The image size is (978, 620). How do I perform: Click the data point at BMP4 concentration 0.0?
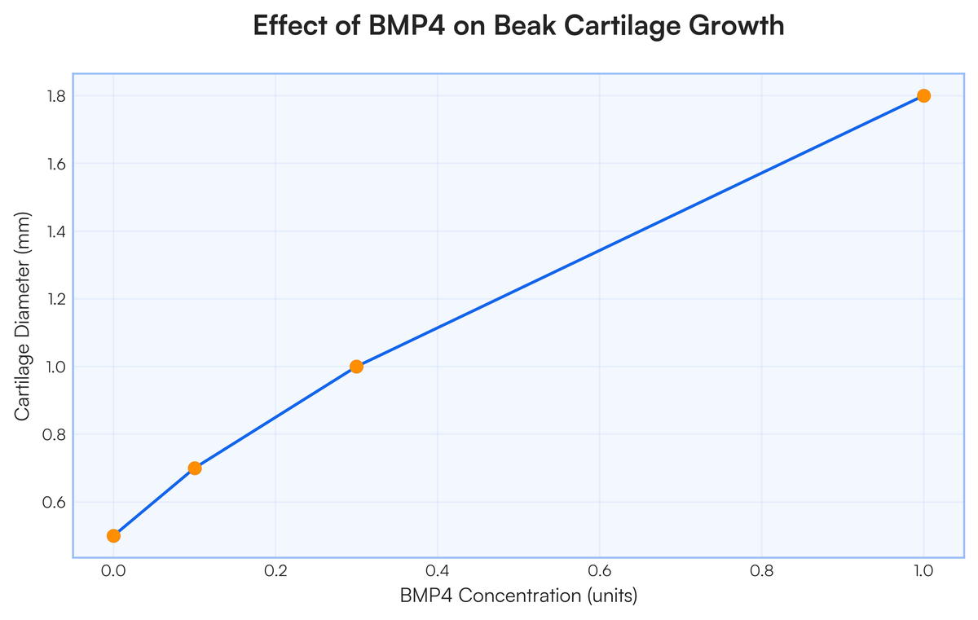click(x=113, y=535)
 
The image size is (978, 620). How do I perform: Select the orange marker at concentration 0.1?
click(x=195, y=468)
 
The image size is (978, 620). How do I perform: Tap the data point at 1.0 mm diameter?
click(x=356, y=367)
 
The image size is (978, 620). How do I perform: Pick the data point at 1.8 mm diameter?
click(x=923, y=95)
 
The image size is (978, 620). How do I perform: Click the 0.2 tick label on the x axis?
click(x=275, y=570)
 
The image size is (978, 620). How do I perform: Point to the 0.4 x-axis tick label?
click(x=438, y=570)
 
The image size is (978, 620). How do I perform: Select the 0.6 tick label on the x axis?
click(x=600, y=570)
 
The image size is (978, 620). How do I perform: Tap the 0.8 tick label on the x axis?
click(x=761, y=570)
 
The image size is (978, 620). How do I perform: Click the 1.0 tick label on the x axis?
click(x=923, y=570)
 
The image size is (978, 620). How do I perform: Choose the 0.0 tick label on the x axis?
click(x=113, y=570)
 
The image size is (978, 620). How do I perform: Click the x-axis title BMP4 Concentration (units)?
click(x=518, y=596)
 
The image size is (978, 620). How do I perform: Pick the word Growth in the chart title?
click(x=736, y=26)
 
